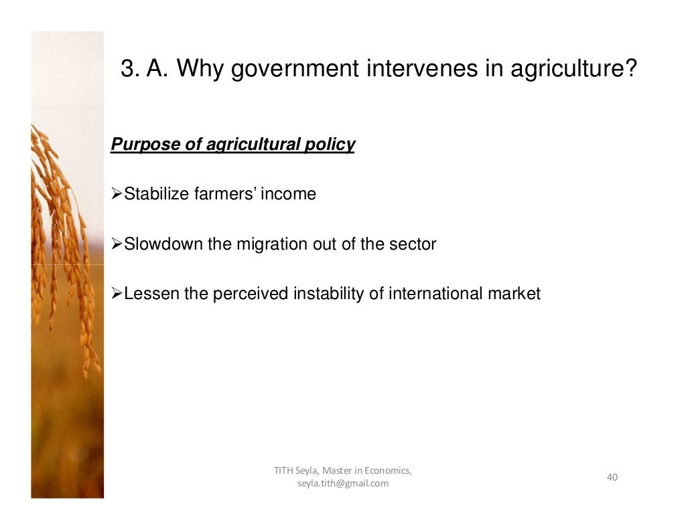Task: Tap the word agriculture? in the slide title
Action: [572, 68]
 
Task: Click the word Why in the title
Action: [200, 68]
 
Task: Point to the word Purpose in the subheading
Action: [137, 145]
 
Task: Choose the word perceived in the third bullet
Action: [251, 294]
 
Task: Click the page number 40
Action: [612, 477]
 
